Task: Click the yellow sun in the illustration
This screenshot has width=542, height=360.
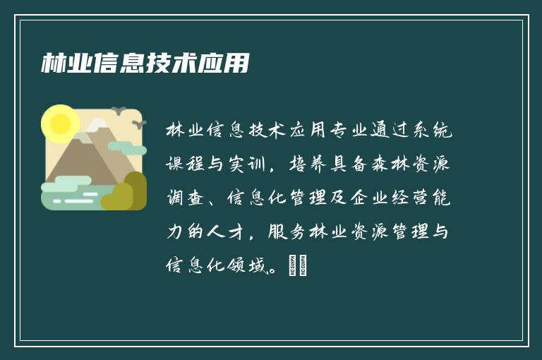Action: [60, 124]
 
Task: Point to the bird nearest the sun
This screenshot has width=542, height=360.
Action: [118, 111]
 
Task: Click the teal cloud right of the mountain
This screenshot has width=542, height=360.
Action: [127, 148]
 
